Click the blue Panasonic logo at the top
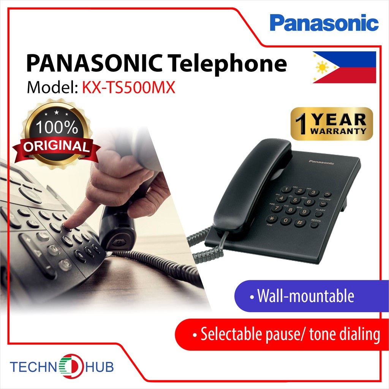tap(324, 23)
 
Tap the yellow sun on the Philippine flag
tap(322, 68)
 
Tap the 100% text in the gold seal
tap(57, 127)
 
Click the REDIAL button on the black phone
tap(314, 225)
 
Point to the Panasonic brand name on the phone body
tap(321, 163)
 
